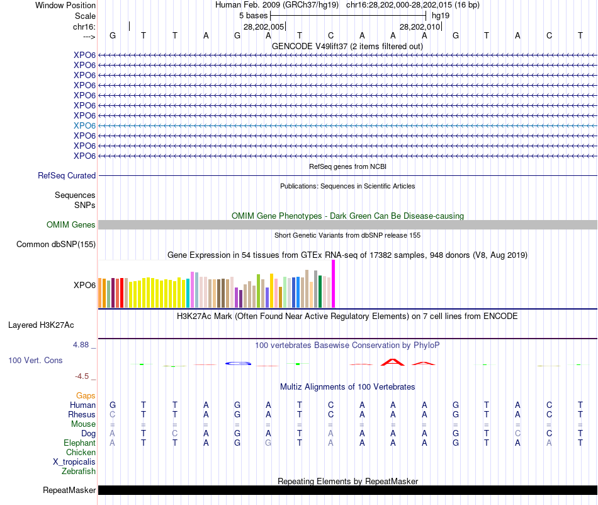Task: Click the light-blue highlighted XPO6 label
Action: (84, 125)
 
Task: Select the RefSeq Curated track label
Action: (67, 176)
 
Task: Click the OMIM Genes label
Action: (71, 225)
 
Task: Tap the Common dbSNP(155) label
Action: (56, 245)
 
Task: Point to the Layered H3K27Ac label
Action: (41, 325)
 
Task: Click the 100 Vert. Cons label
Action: (35, 361)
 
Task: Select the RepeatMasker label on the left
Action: (69, 490)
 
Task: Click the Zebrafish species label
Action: (79, 472)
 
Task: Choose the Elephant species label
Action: (79, 443)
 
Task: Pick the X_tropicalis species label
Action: (74, 462)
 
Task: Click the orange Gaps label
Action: (86, 396)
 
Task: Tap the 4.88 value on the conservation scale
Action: (81, 345)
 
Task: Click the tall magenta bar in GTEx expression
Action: (333, 284)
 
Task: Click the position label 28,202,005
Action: (264, 27)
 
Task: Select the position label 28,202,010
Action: (420, 27)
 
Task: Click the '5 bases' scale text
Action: (254, 15)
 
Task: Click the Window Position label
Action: (65, 5)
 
